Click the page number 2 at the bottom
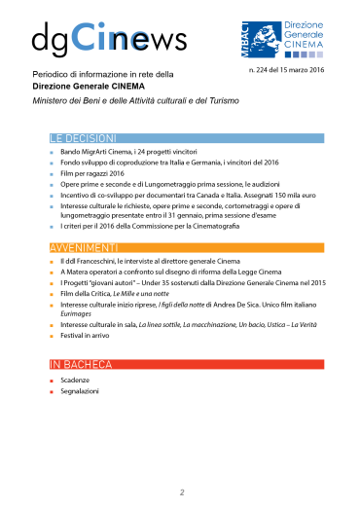(181, 492)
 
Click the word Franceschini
(104, 262)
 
